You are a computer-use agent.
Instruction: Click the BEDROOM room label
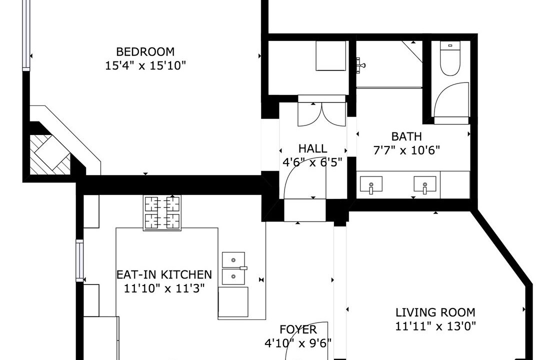(145, 51)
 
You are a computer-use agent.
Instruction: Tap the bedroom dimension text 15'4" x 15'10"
(145, 65)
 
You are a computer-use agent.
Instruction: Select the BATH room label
(406, 136)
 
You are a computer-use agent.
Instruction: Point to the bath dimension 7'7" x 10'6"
(406, 150)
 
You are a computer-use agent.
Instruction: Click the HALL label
(312, 148)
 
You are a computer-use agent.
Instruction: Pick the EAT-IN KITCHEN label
(164, 274)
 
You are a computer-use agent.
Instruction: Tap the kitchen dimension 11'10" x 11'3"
(164, 288)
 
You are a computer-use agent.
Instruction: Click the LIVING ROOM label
(435, 312)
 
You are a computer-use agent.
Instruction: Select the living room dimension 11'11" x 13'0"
(435, 326)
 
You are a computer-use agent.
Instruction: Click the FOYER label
(298, 329)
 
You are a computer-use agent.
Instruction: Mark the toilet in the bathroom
(450, 58)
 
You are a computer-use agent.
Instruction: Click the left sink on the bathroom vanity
(371, 185)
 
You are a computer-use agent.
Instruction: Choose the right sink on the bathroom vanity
(424, 185)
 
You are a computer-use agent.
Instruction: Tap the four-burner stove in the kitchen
(162, 212)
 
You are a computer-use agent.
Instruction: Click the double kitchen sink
(234, 268)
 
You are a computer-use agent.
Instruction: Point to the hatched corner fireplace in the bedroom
(49, 154)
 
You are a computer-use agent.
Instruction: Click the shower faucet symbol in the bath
(361, 65)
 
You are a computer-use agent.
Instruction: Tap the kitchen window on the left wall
(79, 260)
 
